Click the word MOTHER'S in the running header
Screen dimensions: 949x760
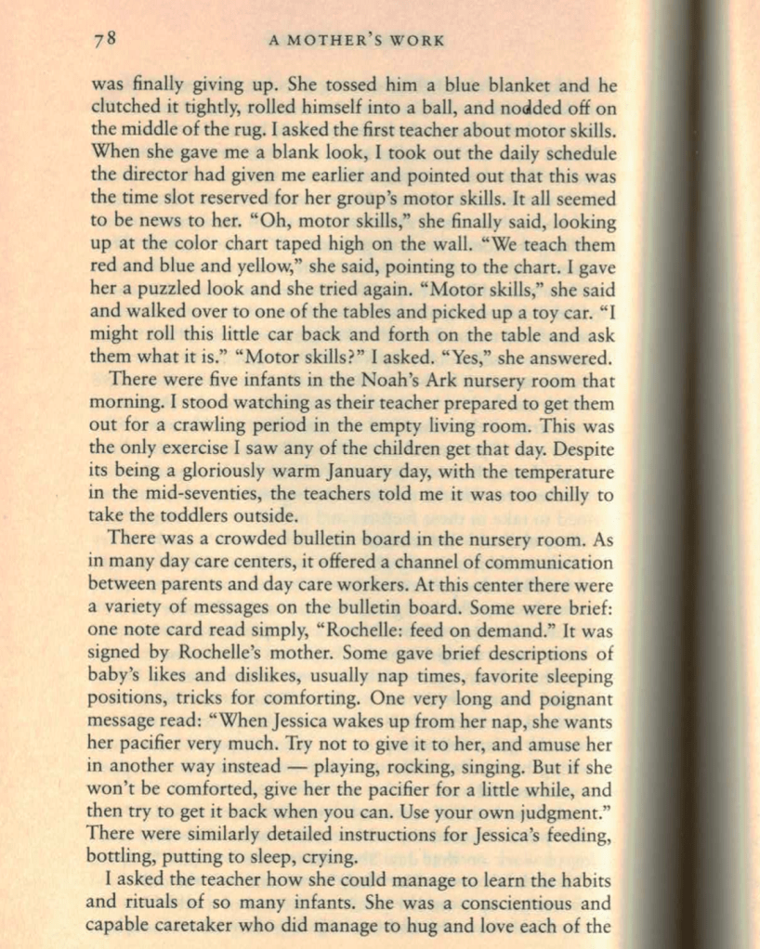coord(352,40)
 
